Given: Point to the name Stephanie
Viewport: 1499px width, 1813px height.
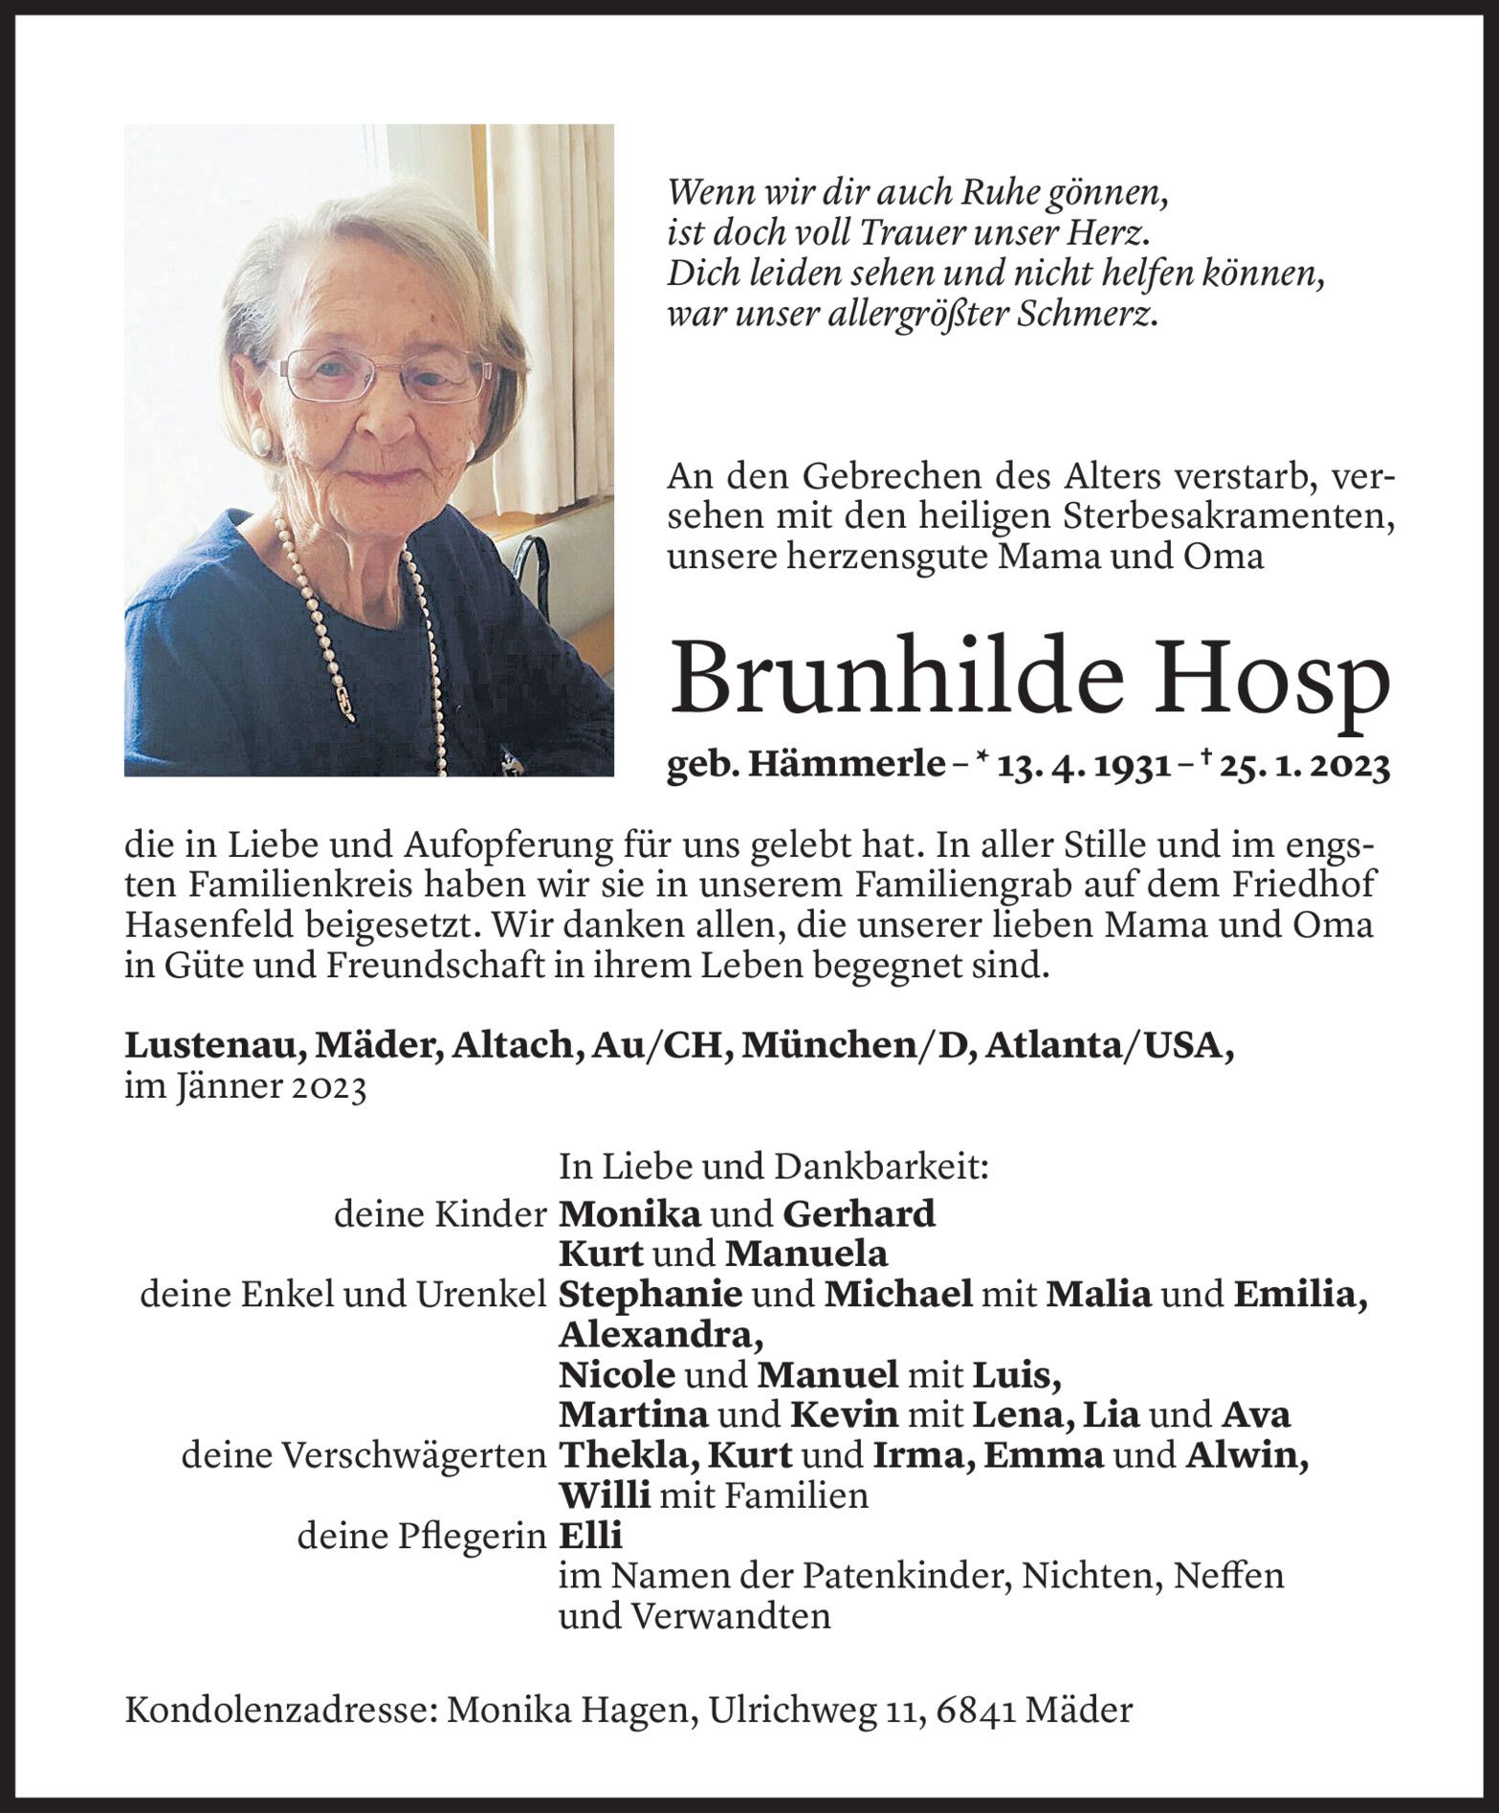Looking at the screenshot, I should [650, 1295].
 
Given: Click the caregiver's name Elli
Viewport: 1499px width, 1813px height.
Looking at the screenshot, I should [589, 1536].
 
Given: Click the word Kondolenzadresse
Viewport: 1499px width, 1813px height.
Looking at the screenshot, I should [278, 1710].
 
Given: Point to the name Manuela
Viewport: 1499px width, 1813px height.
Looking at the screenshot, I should [805, 1254].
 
